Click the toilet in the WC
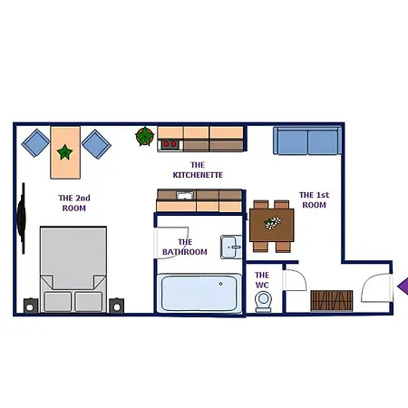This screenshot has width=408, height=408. [263, 302]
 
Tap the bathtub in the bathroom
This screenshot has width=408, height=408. [199, 293]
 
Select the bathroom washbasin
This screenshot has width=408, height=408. [231, 247]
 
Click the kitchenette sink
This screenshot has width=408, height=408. [185, 195]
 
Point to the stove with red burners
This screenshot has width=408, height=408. [170, 144]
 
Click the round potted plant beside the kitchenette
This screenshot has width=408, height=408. [145, 136]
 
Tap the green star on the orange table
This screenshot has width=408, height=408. [64, 152]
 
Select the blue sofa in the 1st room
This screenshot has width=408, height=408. [307, 141]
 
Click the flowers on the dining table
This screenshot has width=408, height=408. [272, 223]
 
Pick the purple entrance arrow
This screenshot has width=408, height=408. [403, 287]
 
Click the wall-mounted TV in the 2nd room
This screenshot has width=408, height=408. [22, 219]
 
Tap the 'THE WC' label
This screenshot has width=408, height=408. [262, 280]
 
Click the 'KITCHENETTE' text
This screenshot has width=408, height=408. [198, 175]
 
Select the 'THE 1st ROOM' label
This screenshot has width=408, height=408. [315, 199]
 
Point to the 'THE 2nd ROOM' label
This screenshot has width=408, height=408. [74, 203]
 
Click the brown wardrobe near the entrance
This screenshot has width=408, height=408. [332, 301]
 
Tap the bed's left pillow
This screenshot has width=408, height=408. [57, 301]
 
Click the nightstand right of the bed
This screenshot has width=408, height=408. [116, 306]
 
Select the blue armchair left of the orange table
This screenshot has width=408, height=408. [35, 142]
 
